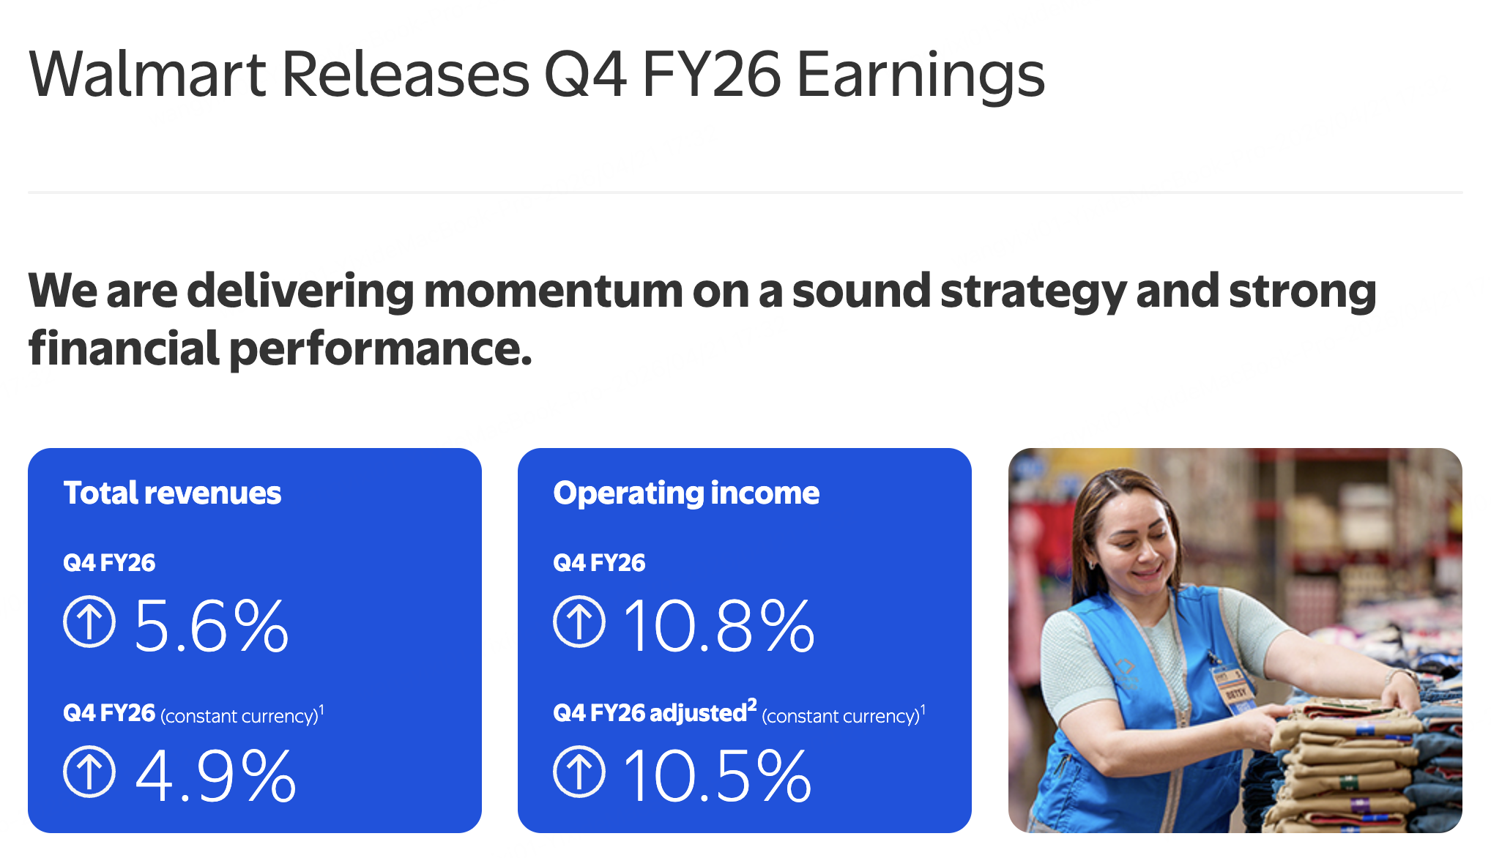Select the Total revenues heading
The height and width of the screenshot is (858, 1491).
pos(172,493)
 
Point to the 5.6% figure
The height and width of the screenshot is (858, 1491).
pos(212,626)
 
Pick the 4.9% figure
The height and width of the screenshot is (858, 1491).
pos(216,775)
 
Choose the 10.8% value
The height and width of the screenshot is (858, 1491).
pos(718,626)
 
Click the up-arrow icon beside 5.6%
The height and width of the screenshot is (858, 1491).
pos(89,622)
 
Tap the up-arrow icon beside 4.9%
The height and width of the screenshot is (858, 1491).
pos(89,772)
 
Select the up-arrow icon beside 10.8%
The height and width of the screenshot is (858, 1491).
pos(579,622)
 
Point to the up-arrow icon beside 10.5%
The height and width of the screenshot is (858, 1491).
pos(579,772)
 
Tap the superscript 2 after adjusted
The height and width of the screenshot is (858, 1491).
pos(752,704)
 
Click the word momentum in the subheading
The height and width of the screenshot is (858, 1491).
pos(553,291)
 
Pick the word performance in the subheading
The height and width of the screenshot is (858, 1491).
pos(380,350)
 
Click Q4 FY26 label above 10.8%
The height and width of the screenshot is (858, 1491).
pos(599,563)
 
